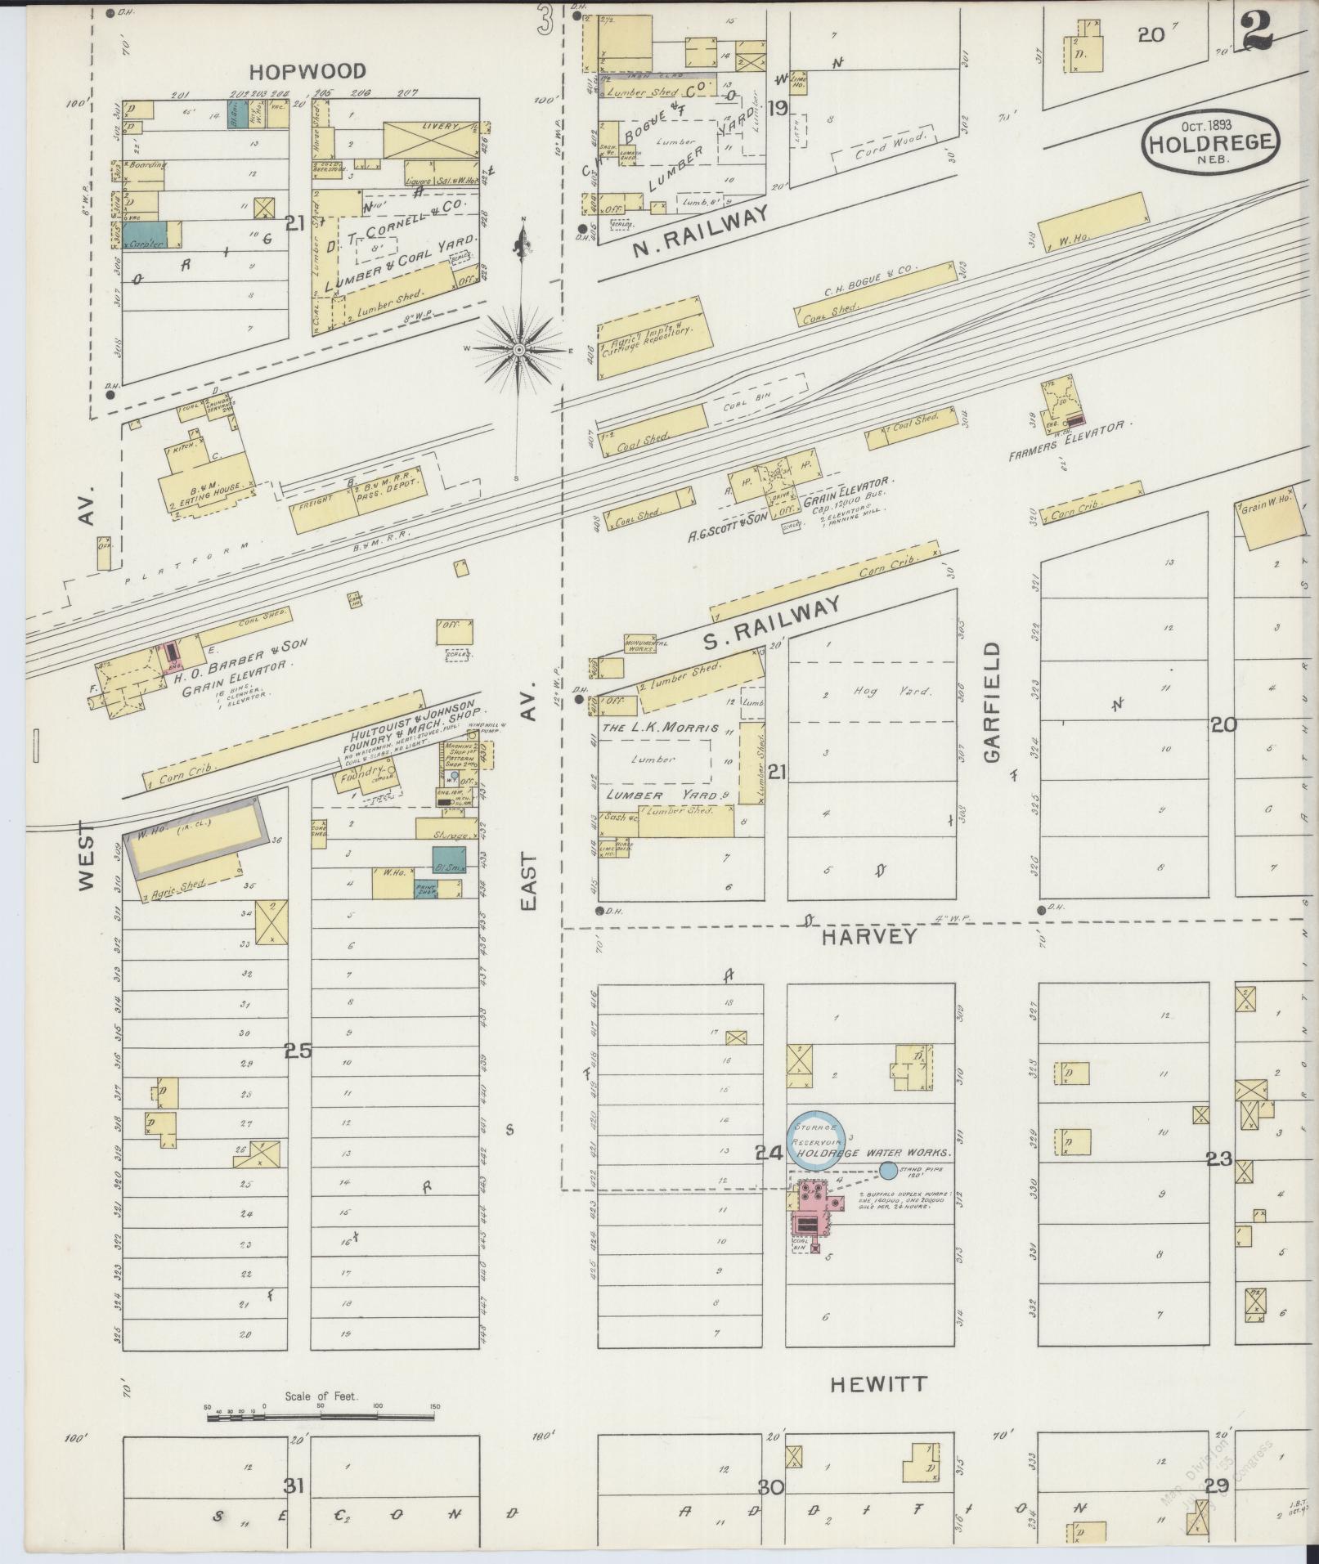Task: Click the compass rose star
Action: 518,350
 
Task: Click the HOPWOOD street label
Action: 307,72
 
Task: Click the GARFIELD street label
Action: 992,701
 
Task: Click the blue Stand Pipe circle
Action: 888,1172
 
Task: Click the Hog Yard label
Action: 882,692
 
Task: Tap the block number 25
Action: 298,1051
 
